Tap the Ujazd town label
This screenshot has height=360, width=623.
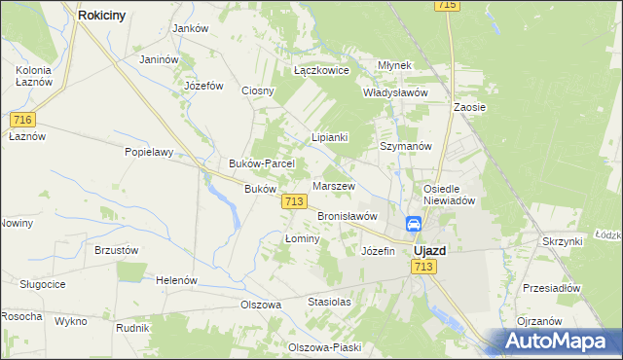pos(429,250)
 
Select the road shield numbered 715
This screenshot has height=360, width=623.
pos(447,6)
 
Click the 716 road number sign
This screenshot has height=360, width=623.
pos(23,119)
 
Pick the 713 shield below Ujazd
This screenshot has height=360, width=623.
pos(422,267)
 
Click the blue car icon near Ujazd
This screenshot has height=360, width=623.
pos(414,224)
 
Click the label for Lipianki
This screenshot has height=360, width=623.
pos(329,137)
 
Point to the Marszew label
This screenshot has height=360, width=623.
pos(334,185)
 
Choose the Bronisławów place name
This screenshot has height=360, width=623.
pos(347,215)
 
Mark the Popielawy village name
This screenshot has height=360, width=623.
pos(148,152)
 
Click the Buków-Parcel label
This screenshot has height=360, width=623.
pos(254,163)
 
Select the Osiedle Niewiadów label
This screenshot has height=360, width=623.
pos(448,195)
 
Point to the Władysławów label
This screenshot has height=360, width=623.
pos(395,92)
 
